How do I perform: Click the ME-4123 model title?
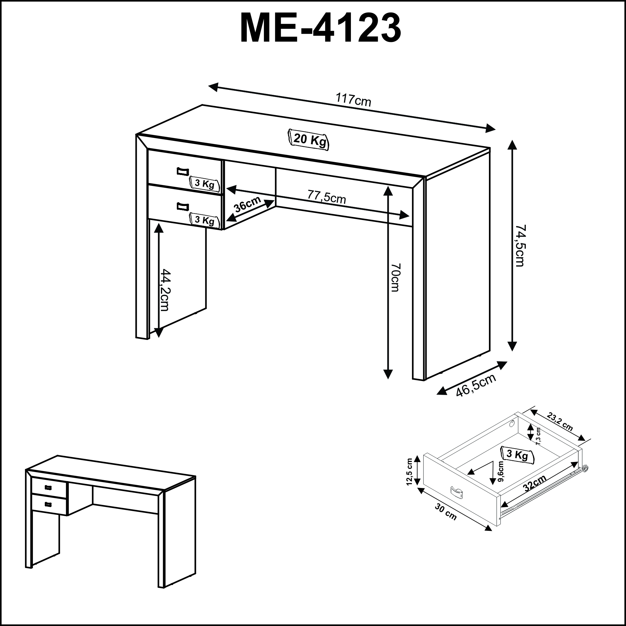[x=321, y=28]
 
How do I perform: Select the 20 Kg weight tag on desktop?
[x=309, y=140]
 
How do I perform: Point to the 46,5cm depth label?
[x=476, y=385]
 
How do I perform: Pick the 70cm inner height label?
[x=396, y=277]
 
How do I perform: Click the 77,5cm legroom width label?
[x=326, y=197]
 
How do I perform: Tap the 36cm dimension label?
[x=248, y=204]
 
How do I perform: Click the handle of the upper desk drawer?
[x=183, y=172]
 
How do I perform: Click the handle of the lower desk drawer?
[x=183, y=206]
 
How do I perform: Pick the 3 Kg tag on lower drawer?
[x=204, y=220]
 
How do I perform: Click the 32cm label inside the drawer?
[x=535, y=483]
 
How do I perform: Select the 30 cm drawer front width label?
[x=445, y=512]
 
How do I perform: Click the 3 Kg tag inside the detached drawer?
[x=517, y=454]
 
